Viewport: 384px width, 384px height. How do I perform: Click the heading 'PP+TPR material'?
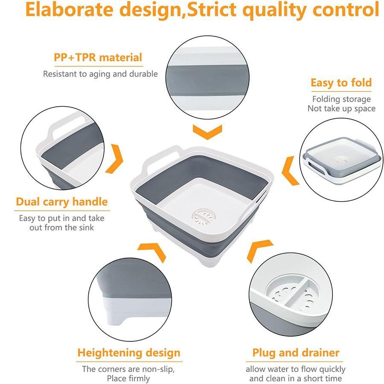tap(98, 57)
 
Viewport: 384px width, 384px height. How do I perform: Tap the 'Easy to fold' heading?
tap(341, 82)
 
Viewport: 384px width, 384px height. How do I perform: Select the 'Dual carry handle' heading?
tap(62, 201)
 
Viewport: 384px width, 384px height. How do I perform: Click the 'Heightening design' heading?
tap(128, 353)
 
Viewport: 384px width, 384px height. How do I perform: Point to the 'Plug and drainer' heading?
tap(296, 353)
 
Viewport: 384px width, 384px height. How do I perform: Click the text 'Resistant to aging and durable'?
tap(100, 74)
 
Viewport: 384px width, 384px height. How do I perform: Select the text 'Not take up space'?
tap(341, 108)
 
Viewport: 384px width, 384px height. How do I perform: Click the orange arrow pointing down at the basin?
tap(207, 132)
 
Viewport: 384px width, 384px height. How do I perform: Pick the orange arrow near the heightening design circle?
tap(154, 251)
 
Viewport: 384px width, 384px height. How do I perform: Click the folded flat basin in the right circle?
tap(341, 160)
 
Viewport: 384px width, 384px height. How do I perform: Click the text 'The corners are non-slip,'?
tap(128, 369)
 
